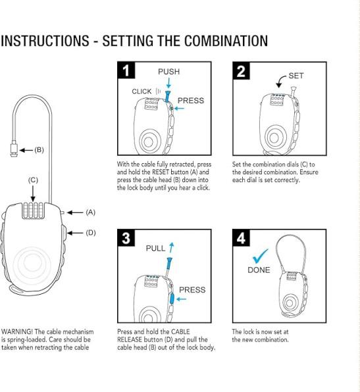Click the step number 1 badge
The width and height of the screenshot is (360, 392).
coord(126,70)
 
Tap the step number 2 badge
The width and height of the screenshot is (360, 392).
coord(241,71)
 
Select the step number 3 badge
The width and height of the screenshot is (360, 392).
coord(126,237)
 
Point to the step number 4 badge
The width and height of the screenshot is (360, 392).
coord(241,237)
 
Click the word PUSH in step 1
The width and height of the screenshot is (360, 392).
coord(169,72)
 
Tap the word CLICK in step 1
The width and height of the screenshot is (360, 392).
coord(141,91)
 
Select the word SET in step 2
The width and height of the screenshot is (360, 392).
coord(296,76)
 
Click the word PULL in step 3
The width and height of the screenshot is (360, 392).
coord(155,248)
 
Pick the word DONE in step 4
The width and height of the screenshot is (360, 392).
coord(259,270)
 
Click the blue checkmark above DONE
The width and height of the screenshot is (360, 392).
coord(260,257)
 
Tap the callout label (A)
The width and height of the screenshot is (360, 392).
coord(91,212)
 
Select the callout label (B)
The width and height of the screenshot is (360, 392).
coord(39,150)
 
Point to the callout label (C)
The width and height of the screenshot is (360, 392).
coord(33,180)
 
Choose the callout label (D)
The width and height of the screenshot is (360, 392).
coord(91,233)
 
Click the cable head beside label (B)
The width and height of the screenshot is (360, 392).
coord(14,149)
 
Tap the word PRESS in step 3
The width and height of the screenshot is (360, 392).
coord(192,290)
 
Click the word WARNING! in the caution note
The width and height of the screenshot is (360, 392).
coord(17,331)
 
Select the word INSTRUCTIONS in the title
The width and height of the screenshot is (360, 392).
coord(45,41)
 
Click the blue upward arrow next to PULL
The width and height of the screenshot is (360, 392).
coord(171,247)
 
